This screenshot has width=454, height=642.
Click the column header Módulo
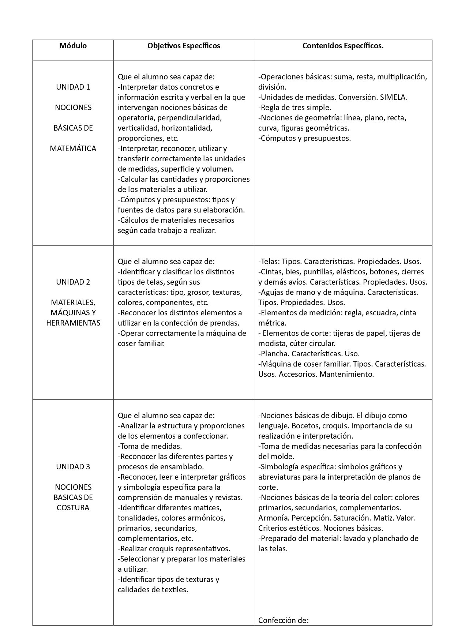[73, 46]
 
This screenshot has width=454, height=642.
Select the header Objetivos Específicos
[184, 46]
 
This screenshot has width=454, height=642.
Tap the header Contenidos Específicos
[343, 46]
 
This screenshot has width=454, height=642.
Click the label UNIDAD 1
[73, 87]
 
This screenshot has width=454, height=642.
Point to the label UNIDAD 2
[73, 282]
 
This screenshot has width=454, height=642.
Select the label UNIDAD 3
[73, 467]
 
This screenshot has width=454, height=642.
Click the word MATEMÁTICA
[73, 149]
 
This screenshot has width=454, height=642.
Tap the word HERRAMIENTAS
[73, 323]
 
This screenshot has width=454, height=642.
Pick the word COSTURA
[73, 508]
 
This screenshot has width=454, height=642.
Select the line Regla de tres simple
[294, 108]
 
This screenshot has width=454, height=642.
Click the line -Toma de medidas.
[150, 446]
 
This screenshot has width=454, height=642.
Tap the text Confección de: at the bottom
[284, 620]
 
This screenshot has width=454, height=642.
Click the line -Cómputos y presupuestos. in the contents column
[304, 138]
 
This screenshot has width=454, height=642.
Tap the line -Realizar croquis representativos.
[174, 549]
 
